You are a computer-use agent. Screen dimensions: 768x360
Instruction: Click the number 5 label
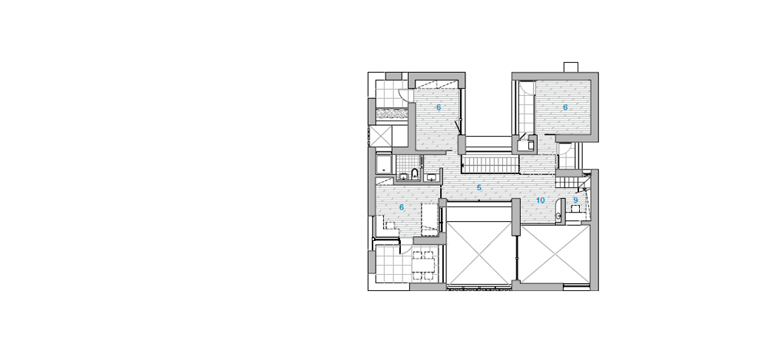coord(479,187)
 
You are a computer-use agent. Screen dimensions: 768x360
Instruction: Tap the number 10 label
coord(540,200)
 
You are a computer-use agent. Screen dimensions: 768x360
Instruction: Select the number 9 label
coord(575,200)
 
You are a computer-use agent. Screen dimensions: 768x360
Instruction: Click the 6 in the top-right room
coord(565,107)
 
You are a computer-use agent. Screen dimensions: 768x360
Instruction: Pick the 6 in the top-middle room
coord(439,107)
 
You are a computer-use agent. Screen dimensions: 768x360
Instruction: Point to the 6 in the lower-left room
coord(402,208)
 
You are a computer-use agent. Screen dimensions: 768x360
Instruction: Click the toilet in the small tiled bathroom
coord(415,173)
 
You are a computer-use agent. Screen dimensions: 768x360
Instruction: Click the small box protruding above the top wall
coord(571,67)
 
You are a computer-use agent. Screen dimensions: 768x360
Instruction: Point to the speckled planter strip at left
coord(392,114)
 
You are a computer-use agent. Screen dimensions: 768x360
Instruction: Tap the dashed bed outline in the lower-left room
coord(429,219)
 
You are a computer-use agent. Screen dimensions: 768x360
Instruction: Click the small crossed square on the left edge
coord(381,137)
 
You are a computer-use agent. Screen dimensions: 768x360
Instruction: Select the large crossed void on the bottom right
coord(555,254)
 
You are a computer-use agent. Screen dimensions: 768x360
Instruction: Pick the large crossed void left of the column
coord(479,253)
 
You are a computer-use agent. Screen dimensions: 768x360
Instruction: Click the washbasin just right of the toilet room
coord(432,176)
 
